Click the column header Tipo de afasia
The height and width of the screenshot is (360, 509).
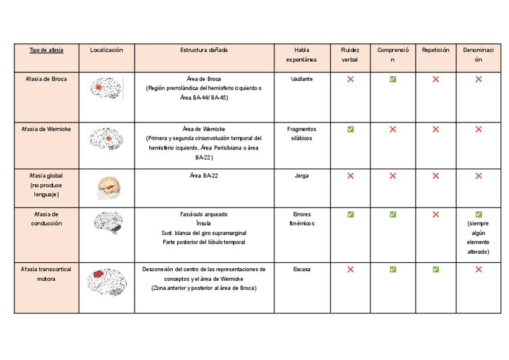pos(46,50)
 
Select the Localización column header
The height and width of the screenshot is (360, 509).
pos(106,50)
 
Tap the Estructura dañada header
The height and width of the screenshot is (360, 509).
pos(204,50)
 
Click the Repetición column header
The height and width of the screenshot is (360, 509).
pos(435,50)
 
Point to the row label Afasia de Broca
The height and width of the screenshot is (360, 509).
pos(46,79)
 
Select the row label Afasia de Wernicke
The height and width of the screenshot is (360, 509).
pos(46,129)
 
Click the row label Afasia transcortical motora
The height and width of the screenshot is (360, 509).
pos(46,274)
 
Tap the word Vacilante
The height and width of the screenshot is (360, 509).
pos(301,79)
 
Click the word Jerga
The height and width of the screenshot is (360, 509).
pos(301,176)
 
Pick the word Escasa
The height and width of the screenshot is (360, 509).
pos(301,269)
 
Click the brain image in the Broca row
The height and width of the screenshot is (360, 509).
pos(106,88)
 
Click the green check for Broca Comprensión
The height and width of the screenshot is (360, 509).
pos(393,79)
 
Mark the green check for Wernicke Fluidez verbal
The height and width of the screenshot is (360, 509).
pos(350,129)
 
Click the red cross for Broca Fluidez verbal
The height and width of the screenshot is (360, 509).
pos(350,79)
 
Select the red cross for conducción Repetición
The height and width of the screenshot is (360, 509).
pos(435,214)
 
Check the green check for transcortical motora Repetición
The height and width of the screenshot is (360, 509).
pos(435,269)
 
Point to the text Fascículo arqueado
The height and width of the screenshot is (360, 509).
pos(203,214)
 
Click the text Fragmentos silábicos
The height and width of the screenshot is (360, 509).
pos(301,133)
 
